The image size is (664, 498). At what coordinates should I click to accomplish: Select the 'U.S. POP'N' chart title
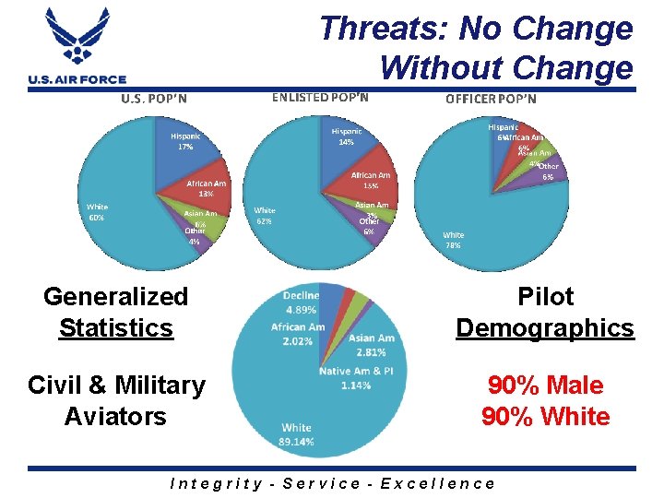click(155, 99)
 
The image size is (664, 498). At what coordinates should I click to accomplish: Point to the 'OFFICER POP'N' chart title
click(491, 99)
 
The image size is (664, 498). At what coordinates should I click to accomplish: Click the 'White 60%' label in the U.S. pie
click(96, 212)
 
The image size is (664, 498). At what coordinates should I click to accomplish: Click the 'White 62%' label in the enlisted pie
click(265, 216)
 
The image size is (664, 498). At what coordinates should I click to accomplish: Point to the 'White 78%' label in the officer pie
click(453, 240)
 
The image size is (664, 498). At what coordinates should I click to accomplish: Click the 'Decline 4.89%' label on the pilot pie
click(302, 302)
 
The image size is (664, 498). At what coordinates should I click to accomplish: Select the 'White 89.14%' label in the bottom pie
click(296, 434)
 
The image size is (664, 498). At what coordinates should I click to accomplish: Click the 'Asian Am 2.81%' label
click(373, 344)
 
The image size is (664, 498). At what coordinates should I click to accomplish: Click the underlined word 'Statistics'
click(116, 328)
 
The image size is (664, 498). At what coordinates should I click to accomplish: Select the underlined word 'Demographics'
click(545, 328)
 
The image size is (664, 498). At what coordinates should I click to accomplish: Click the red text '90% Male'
click(545, 385)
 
